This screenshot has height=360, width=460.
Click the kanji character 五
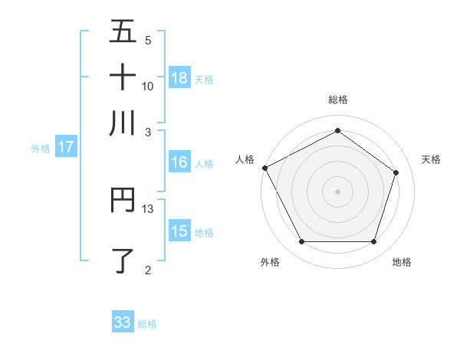click(x=123, y=31)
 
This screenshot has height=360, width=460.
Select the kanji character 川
click(x=123, y=123)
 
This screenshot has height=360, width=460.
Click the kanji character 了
click(x=123, y=260)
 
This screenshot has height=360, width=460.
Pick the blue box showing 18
click(x=179, y=77)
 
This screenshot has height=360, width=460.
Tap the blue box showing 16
click(x=179, y=162)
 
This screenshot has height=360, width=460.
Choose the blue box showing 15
click(x=179, y=231)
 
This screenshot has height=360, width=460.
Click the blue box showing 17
click(x=65, y=148)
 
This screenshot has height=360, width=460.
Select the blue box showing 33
click(x=123, y=322)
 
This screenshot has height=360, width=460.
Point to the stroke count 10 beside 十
click(x=148, y=86)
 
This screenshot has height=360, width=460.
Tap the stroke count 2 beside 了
click(x=148, y=270)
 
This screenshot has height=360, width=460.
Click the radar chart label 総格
click(x=338, y=100)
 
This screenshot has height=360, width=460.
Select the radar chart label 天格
click(x=431, y=159)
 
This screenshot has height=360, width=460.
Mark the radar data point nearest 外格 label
click(x=301, y=242)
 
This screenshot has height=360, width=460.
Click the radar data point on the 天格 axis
click(x=396, y=172)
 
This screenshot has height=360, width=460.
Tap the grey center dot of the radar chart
click(x=337, y=191)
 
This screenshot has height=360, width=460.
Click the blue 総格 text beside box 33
click(x=148, y=324)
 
